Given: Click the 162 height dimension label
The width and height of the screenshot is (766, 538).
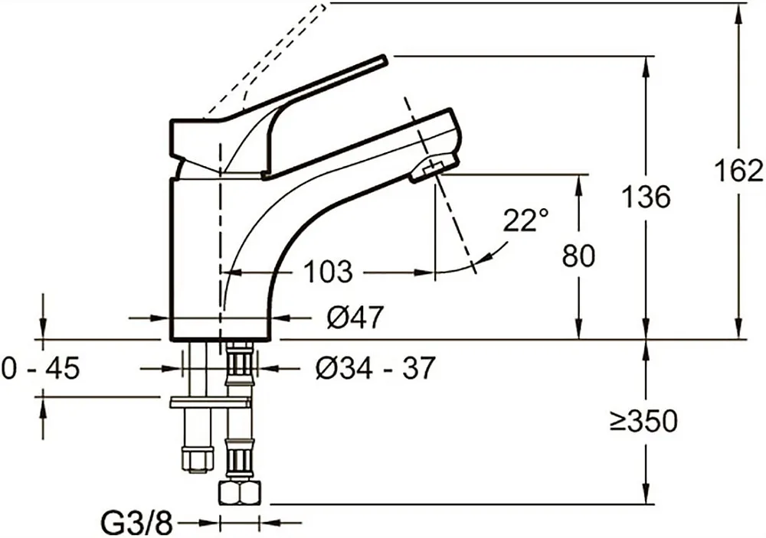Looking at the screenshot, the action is point(738,171).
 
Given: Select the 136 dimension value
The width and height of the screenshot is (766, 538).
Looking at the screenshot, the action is point(647,197).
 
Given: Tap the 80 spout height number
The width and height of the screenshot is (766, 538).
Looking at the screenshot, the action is point(578,256).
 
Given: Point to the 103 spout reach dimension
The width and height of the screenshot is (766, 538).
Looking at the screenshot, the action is point(328,272).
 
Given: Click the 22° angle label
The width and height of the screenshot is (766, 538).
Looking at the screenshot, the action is point(526,220).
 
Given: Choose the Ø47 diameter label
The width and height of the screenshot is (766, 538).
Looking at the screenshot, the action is point(355,318).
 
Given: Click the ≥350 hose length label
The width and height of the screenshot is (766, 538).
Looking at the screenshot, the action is point(644,420).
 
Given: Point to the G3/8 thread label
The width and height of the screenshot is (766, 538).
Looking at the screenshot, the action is point(137,523).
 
